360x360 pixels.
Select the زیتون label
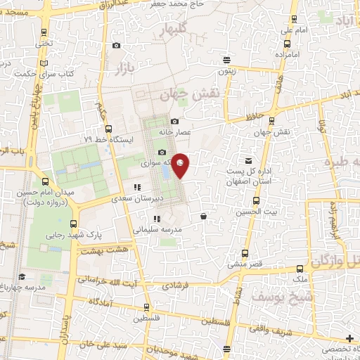click(225, 71)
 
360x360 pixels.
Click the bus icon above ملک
click(301, 268)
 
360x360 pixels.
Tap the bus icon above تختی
click(45, 32)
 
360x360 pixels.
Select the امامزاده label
click(287, 53)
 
